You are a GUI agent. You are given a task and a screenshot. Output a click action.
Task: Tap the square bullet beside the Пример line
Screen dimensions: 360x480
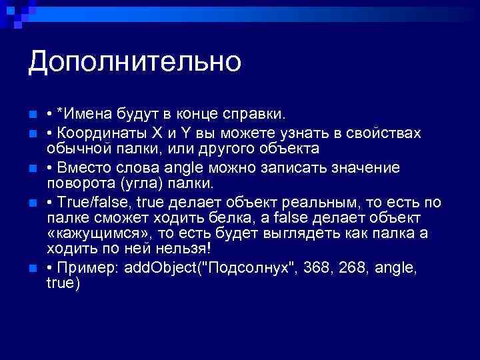click(33, 269)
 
